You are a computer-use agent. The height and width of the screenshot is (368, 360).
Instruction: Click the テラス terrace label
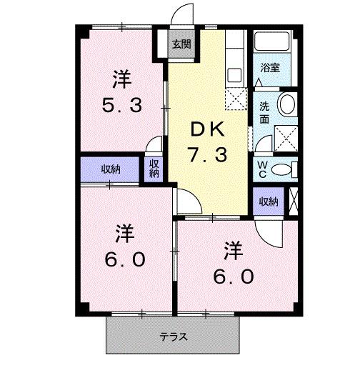click(173, 336)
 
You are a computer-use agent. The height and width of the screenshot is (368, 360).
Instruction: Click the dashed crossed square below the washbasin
click(286, 136)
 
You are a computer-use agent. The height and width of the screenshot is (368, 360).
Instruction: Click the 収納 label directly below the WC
click(268, 201)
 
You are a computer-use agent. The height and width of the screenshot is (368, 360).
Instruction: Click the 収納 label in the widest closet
click(110, 169)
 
